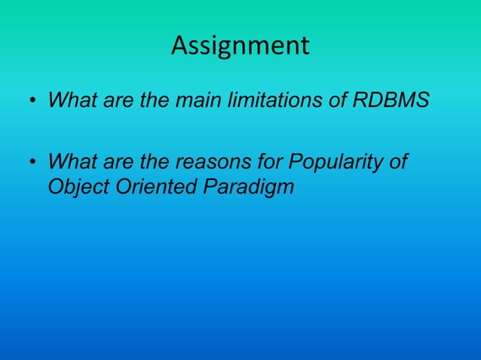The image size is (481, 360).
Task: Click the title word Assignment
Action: click(x=240, y=46)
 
